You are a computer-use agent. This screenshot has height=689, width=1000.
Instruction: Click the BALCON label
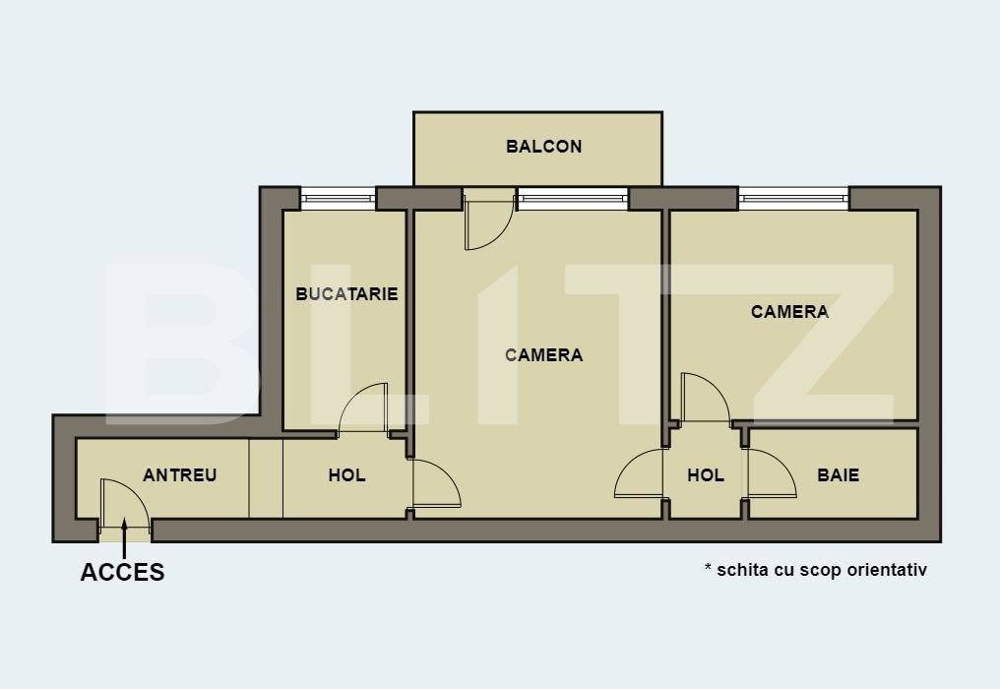pos(543,147)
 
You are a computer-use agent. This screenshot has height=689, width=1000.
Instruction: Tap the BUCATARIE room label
pos(346,293)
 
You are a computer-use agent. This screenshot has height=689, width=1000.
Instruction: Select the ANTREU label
pos(179,475)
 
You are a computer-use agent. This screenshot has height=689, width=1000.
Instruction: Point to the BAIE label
pos(838,475)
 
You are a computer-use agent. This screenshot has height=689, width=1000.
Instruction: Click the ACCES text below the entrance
pos(122,573)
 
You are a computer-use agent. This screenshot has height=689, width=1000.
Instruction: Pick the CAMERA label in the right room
pos(789,312)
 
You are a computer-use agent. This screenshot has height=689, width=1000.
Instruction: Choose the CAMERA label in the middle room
pos(543,355)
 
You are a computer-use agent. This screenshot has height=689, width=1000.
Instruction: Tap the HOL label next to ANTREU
pos(346,475)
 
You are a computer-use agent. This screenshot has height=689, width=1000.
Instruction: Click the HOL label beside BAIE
pos(705,475)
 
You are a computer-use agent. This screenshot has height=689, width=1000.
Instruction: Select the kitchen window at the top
pos(338,199)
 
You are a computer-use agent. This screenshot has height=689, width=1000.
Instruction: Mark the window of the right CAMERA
pos(793,199)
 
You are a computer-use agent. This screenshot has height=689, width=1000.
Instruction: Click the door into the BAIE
pos(771,474)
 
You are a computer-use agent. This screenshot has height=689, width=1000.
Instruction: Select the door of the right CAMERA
pos(704,398)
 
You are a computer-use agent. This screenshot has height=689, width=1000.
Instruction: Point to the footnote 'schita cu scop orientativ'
pos(816,570)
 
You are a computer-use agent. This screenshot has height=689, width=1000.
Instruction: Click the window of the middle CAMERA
pos(573,199)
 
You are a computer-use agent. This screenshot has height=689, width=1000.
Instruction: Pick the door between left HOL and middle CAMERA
pos(436,483)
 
